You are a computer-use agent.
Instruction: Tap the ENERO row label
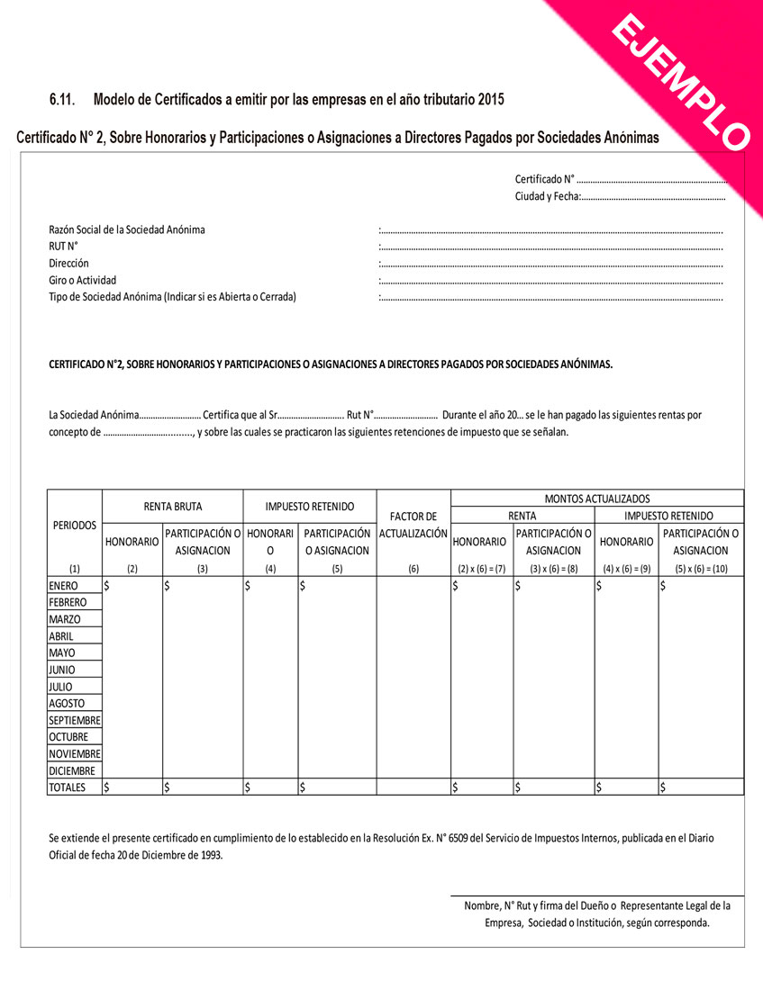pyautogui.click(x=63, y=586)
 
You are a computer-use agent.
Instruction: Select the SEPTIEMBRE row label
pyautogui.click(x=75, y=721)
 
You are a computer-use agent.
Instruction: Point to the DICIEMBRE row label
pyautogui.click(x=73, y=770)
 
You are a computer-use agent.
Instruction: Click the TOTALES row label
pyautogui.click(x=68, y=787)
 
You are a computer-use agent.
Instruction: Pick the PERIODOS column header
pyautogui.click(x=74, y=525)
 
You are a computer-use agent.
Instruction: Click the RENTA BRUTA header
pyautogui.click(x=173, y=507)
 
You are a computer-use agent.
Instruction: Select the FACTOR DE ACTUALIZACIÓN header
pyautogui.click(x=413, y=525)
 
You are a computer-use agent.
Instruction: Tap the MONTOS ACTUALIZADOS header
pyautogui.click(x=596, y=498)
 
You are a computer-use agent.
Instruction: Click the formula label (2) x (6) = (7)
pyautogui.click(x=481, y=568)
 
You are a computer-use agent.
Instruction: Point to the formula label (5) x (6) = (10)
pyautogui.click(x=701, y=568)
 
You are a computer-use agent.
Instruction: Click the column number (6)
pyautogui.click(x=413, y=568)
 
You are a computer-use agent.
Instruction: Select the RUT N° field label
pyautogui.click(x=63, y=246)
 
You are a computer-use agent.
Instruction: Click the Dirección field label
pyautogui.click(x=68, y=263)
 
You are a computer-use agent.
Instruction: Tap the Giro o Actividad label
pyautogui.click(x=82, y=280)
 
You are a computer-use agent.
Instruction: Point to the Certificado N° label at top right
pyautogui.click(x=545, y=179)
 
